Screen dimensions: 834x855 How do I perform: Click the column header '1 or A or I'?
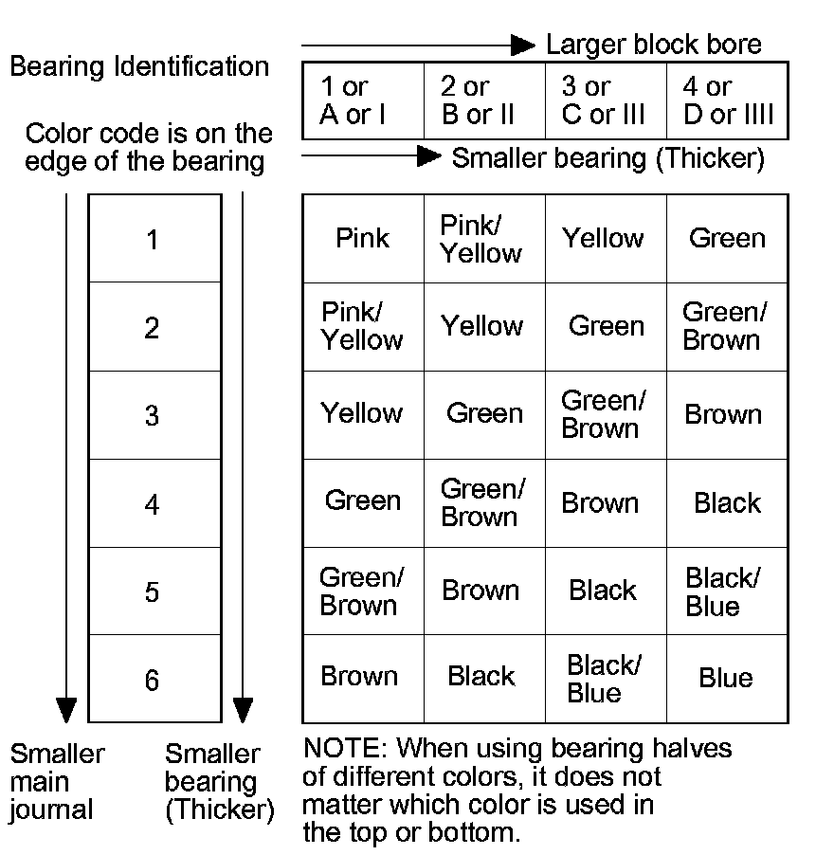click(362, 101)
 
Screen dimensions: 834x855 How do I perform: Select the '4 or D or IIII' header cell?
click(727, 101)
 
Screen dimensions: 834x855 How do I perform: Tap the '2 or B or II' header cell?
click(483, 101)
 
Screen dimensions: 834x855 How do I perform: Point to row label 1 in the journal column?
click(154, 240)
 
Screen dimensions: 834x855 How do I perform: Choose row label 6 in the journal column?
click(154, 680)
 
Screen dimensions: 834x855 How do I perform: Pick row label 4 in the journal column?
click(154, 503)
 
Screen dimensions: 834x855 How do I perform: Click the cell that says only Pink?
click(362, 238)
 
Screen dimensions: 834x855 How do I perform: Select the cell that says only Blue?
click(726, 679)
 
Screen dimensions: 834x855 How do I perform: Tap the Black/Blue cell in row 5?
click(726, 591)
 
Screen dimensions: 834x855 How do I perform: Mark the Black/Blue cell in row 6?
click(605, 679)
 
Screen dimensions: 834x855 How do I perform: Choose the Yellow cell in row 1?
click(605, 238)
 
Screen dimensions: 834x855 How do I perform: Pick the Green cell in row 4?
click(362, 501)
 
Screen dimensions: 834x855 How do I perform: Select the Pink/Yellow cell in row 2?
click(362, 326)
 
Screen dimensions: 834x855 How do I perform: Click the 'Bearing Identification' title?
click(139, 67)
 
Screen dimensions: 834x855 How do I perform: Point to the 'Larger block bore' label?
click(653, 45)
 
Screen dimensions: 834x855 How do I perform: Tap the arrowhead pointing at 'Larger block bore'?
click(523, 45)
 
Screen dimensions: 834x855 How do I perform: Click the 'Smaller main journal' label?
click(56, 782)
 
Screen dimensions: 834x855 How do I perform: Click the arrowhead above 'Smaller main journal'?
click(66, 709)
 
